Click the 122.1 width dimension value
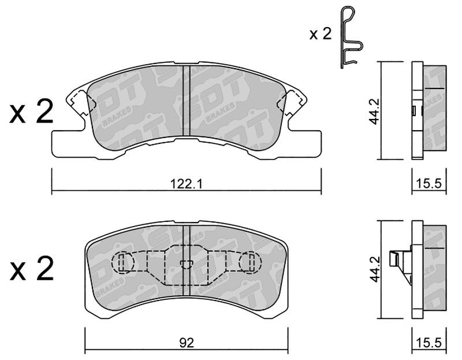click(186, 184)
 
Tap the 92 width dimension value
click(187, 343)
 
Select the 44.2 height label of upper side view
click(374, 111)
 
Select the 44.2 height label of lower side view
click(374, 269)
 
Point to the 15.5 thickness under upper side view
click(429, 184)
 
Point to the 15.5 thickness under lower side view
click(429, 343)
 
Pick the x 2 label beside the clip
click(321, 34)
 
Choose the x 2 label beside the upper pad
click(32, 111)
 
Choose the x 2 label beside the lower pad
click(32, 268)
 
